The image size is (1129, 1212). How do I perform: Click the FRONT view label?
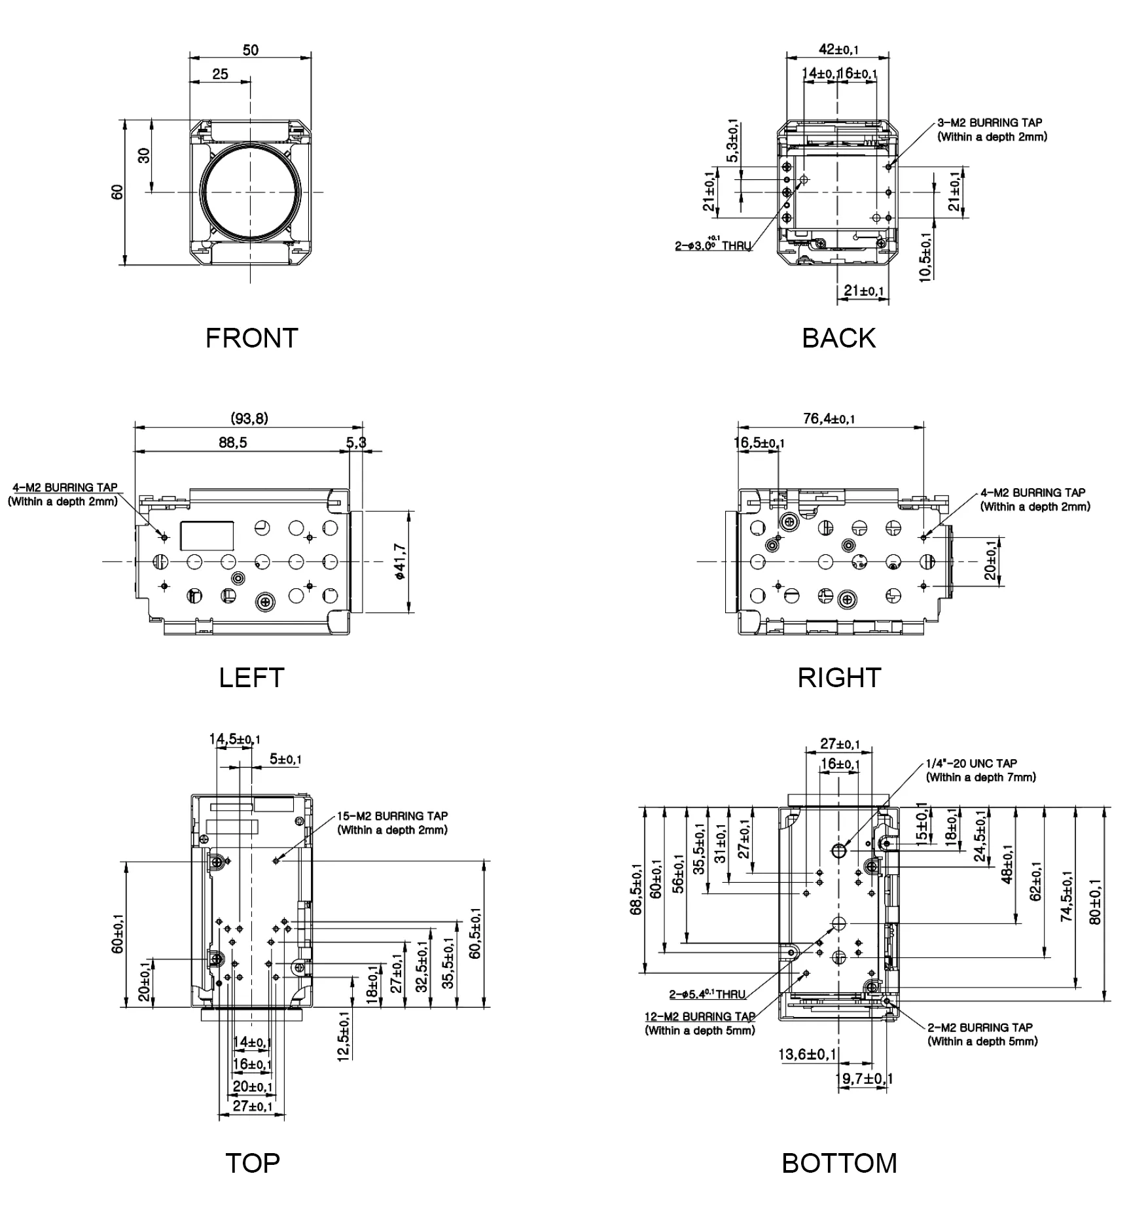click(251, 338)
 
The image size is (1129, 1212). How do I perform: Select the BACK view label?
click(838, 338)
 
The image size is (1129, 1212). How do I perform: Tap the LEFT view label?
click(251, 677)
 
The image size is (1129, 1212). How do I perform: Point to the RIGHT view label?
click(839, 677)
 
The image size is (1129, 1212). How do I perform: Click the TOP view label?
click(252, 1163)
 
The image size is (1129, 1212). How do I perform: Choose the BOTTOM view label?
click(839, 1163)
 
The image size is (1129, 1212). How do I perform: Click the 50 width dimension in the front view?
click(251, 50)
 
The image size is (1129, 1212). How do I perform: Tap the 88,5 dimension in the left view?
click(233, 442)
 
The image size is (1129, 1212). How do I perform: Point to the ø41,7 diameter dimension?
click(401, 561)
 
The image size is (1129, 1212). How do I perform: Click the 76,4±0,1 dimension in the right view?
click(829, 418)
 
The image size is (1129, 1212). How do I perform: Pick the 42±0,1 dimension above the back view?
click(838, 49)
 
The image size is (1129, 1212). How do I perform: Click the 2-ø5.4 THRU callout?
click(707, 994)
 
